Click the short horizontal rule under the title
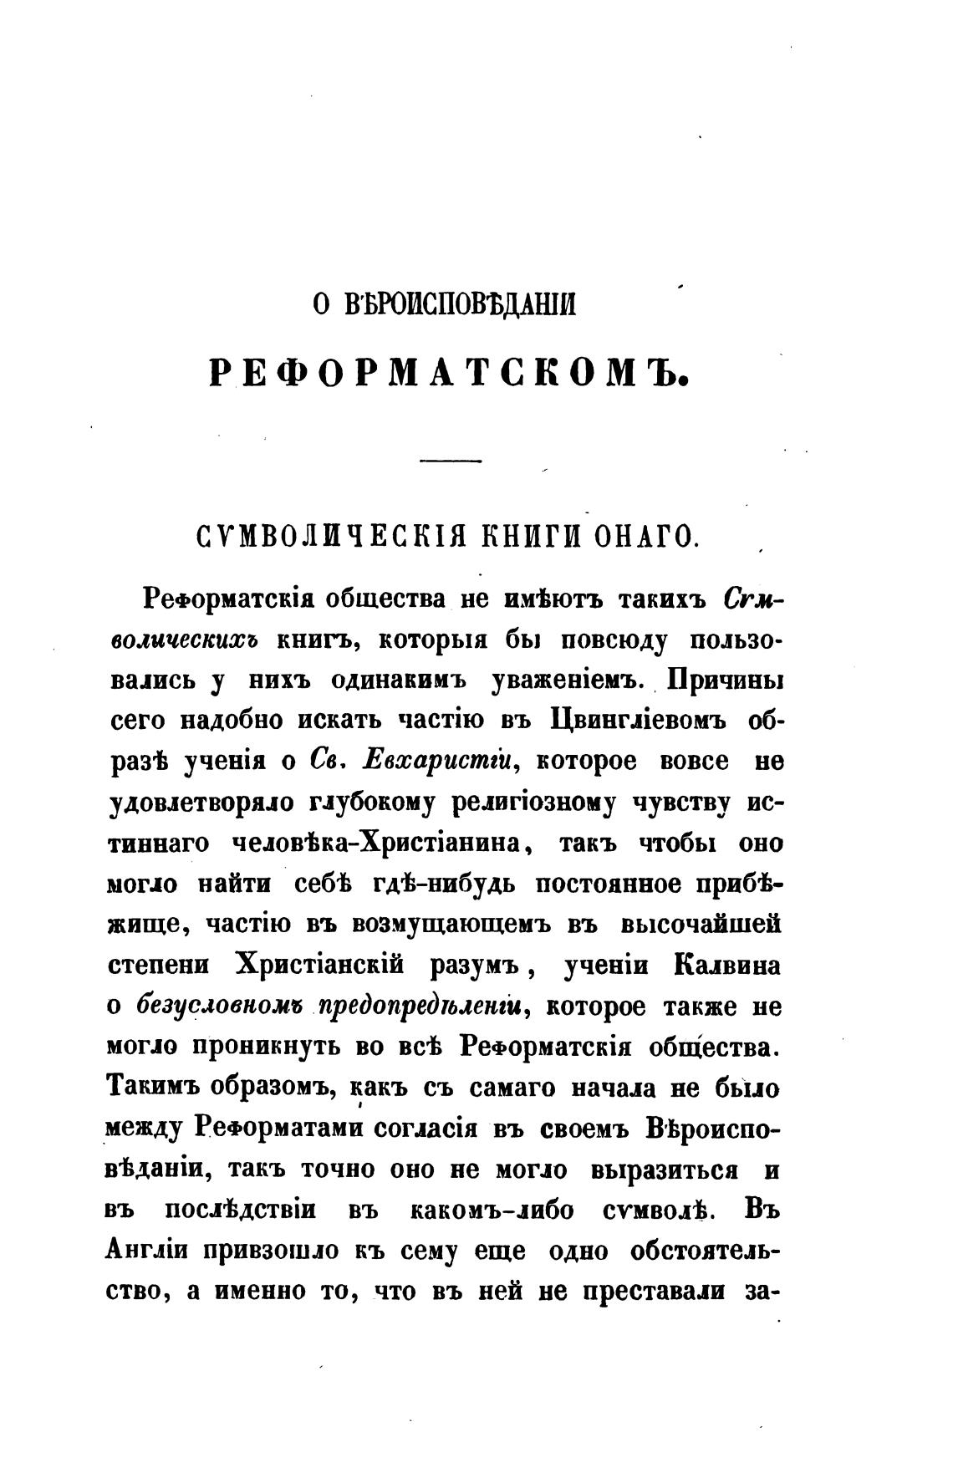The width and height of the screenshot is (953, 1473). tap(450, 461)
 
